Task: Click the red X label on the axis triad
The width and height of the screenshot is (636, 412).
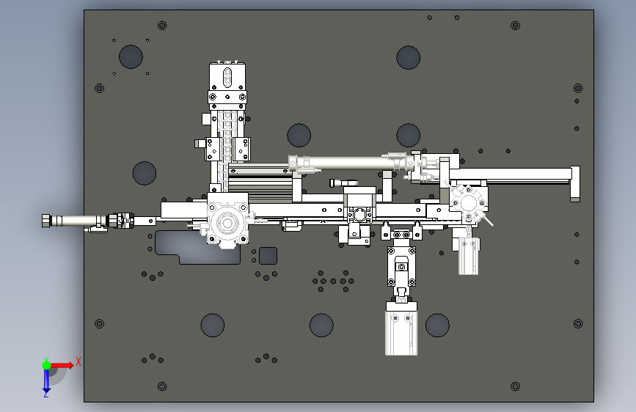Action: pyautogui.click(x=78, y=361)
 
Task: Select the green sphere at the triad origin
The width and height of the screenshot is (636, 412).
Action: pyautogui.click(x=47, y=365)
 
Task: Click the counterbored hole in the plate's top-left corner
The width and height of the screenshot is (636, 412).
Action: pyautogui.click(x=162, y=26)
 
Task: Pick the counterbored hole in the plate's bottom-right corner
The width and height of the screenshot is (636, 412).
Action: pyautogui.click(x=515, y=386)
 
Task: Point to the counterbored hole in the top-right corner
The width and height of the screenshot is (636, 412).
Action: pyautogui.click(x=515, y=26)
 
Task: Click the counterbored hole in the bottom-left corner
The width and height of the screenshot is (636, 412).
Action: pyautogui.click(x=162, y=386)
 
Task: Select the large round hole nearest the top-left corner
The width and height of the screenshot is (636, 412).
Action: pyautogui.click(x=131, y=56)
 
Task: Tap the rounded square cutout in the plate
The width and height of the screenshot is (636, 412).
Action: pyautogui.click(x=268, y=255)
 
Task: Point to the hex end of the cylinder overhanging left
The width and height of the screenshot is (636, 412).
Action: pyautogui.click(x=45, y=221)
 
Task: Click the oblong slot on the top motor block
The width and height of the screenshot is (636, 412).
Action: pyautogui.click(x=227, y=78)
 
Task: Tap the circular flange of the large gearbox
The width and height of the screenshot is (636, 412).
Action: pyautogui.click(x=227, y=223)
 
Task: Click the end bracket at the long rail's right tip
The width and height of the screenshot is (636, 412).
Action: pyautogui.click(x=575, y=184)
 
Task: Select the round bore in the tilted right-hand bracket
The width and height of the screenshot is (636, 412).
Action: pyautogui.click(x=468, y=204)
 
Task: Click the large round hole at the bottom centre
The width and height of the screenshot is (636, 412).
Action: pyautogui.click(x=321, y=325)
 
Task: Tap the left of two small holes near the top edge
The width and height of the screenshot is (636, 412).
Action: pyautogui.click(x=430, y=18)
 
